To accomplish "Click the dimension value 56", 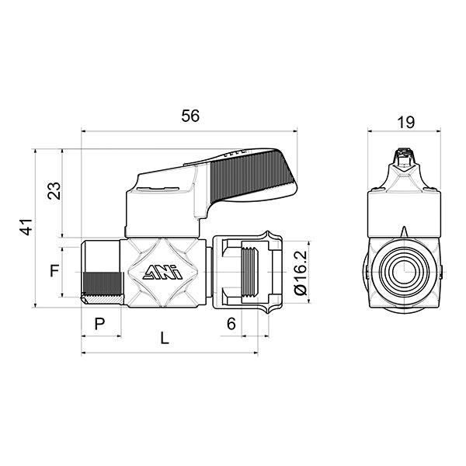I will point(190,116).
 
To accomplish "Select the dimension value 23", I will point(54,191).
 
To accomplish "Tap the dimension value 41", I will point(26,228).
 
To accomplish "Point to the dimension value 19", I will point(405,121).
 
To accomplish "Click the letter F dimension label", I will point(54,271).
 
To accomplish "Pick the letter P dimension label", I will point(99,324).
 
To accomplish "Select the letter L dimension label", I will point(163,339).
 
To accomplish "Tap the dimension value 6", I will point(231,324).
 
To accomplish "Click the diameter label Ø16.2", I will point(301,272).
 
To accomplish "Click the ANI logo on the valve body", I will point(162,272).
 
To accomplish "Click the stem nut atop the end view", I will point(402,159).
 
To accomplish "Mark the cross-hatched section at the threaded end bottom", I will point(101,299).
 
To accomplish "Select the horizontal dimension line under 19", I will point(404,131).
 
